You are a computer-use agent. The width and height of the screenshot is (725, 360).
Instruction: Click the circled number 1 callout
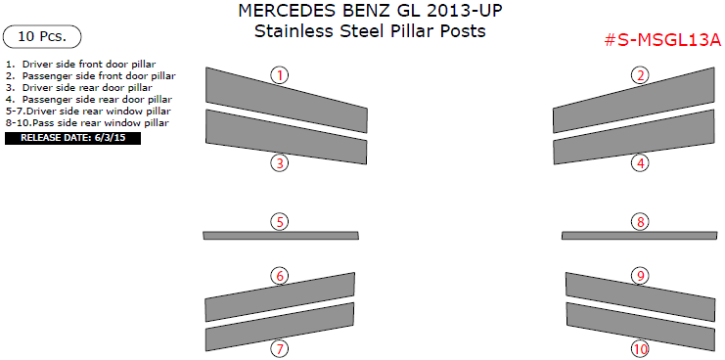point(280,75)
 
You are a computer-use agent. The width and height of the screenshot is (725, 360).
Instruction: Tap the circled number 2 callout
point(640,75)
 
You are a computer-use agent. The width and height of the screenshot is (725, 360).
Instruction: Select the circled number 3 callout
point(280,163)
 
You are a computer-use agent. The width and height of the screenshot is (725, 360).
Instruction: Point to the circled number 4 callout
point(640,163)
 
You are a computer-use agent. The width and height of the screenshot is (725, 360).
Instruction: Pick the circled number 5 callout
point(280,222)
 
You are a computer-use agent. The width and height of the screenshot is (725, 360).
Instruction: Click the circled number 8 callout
point(640,222)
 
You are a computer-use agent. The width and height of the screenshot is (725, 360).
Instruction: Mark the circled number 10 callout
point(640,348)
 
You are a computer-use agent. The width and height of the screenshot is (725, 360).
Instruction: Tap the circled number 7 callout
point(280,348)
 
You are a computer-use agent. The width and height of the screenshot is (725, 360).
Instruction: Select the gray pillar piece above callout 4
point(640,142)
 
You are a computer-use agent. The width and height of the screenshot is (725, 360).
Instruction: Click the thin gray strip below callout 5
point(280,235)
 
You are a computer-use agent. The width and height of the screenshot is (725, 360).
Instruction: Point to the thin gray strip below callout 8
point(640,235)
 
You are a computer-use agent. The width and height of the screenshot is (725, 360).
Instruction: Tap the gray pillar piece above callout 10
point(640,322)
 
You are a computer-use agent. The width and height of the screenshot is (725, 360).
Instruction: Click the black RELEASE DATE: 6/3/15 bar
point(73,138)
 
